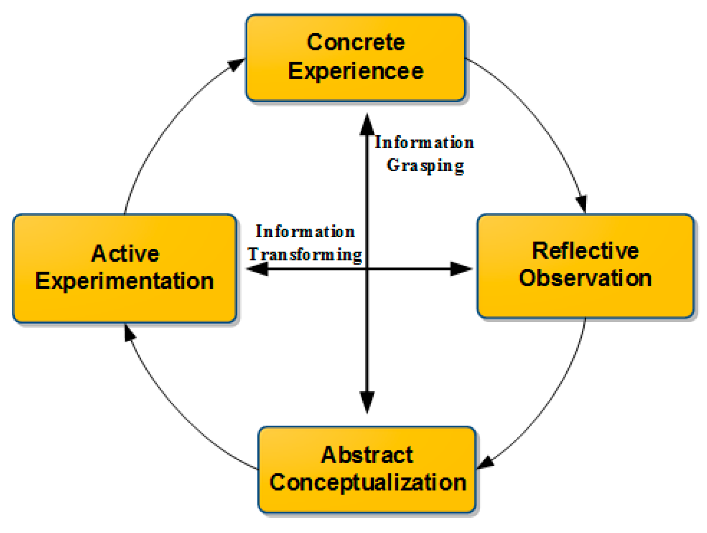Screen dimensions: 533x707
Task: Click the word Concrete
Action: (x=355, y=42)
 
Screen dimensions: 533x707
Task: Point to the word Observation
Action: (x=585, y=279)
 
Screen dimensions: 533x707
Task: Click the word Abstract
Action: (x=367, y=455)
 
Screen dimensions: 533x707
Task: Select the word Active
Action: (x=125, y=254)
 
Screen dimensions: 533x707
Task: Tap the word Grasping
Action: (x=425, y=166)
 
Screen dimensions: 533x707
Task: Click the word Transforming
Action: (x=305, y=255)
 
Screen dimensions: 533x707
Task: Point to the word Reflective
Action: (x=585, y=251)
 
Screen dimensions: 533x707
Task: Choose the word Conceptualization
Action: (x=368, y=483)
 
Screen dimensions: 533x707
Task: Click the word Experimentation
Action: (x=124, y=281)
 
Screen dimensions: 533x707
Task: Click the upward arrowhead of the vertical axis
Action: (x=367, y=125)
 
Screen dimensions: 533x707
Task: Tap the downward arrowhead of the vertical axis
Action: (x=367, y=402)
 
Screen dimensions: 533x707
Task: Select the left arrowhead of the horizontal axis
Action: (x=258, y=269)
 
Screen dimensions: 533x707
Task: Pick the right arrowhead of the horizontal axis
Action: (x=461, y=269)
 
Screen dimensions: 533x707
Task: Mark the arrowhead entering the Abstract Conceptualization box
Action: (x=485, y=463)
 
